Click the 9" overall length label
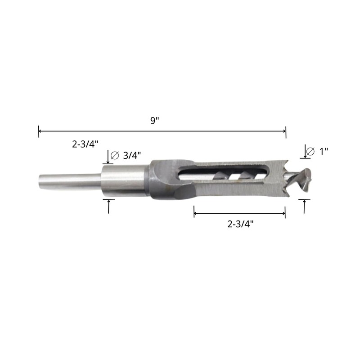(155, 121)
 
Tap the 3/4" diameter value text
(132, 155)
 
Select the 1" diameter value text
(324, 151)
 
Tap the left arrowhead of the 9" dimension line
(40, 131)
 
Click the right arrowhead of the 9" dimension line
(284, 131)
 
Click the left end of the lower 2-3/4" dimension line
(194, 211)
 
